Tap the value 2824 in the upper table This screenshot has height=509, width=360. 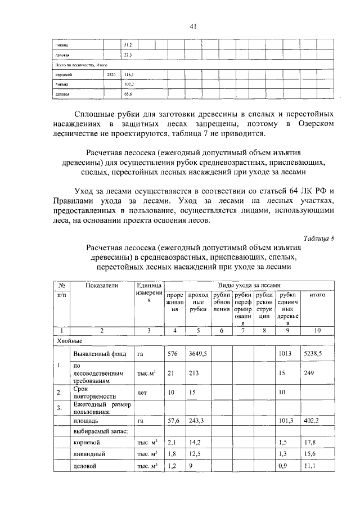[111, 74]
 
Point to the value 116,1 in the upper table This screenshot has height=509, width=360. [128, 74]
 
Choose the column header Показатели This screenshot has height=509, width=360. [102, 286]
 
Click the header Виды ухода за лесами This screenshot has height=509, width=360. [250, 286]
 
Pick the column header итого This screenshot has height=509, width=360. [317, 295]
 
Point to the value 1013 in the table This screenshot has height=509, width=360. [287, 354]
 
